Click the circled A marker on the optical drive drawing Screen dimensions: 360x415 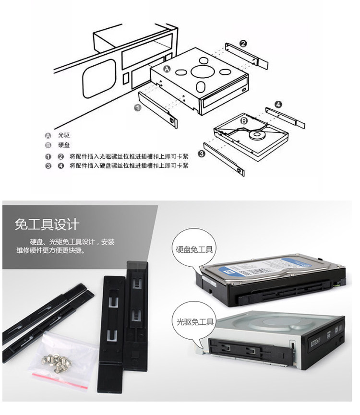click(x=167, y=69)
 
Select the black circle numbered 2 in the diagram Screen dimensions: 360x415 click(x=243, y=44)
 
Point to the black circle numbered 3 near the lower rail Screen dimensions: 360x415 click(x=202, y=154)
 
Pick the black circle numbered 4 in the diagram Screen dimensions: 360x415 click(x=278, y=104)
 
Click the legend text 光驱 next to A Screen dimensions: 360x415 click(x=64, y=135)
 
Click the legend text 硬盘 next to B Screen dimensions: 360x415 click(x=64, y=145)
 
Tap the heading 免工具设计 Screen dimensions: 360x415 click(x=47, y=224)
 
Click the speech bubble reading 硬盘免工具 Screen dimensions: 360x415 click(x=194, y=249)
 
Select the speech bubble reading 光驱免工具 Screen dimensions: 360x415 click(x=194, y=321)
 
